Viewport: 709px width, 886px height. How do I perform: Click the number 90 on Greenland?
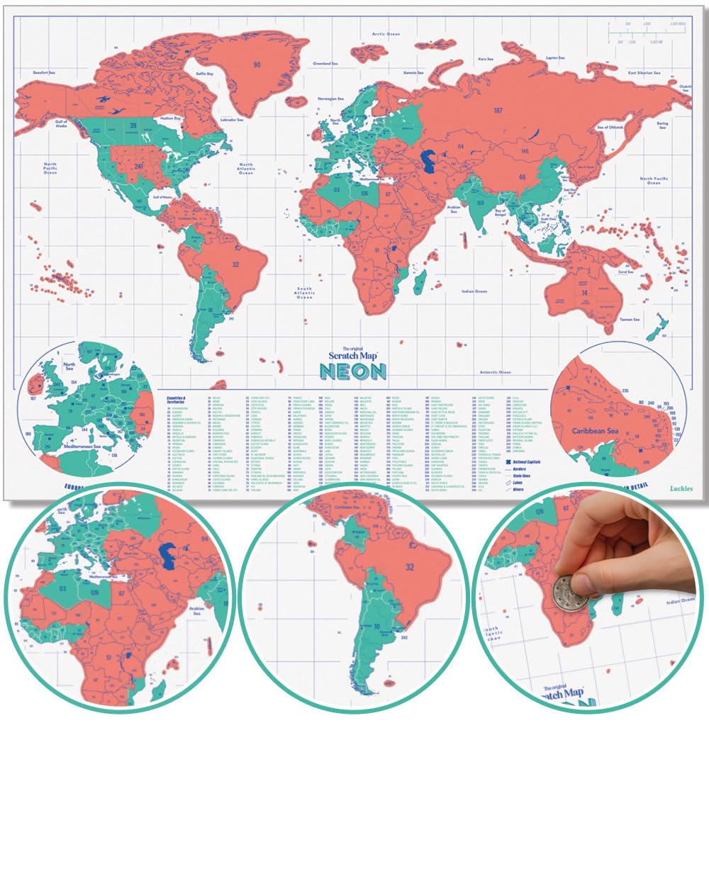(257, 65)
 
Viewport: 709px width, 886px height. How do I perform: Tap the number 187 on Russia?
(498, 111)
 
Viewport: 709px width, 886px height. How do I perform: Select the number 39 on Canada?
(133, 126)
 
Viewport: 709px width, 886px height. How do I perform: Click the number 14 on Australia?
(585, 293)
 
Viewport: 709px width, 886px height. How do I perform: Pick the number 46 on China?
(522, 177)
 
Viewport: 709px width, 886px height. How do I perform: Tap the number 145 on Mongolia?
(525, 151)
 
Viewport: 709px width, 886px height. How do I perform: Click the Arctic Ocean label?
(386, 34)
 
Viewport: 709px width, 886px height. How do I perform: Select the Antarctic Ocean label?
(494, 372)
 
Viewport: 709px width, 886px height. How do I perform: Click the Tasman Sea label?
(630, 320)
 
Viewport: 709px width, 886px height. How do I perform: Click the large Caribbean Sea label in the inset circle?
(596, 430)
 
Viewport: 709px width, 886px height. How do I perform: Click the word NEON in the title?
(352, 371)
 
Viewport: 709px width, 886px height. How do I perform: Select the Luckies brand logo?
(681, 488)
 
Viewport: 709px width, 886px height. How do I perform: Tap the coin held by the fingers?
(571, 592)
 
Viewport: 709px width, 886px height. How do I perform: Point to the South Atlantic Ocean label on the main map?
(304, 293)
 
